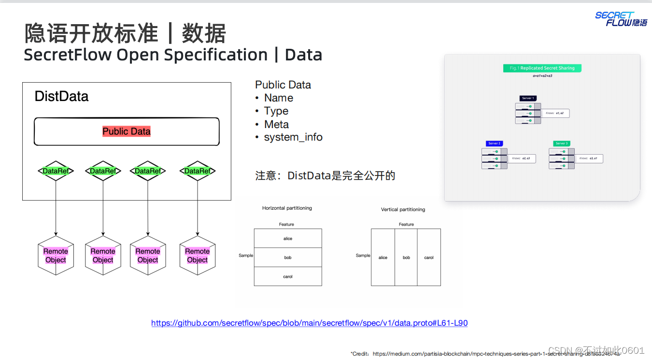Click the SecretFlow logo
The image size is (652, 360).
pyautogui.click(x=621, y=19)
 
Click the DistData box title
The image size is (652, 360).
pyautogui.click(x=61, y=96)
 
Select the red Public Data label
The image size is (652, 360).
pyautogui.click(x=127, y=131)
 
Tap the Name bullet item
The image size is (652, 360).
pyautogui.click(x=278, y=98)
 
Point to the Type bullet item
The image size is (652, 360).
pyautogui.click(x=276, y=111)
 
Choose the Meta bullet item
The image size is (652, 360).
pyautogui.click(x=276, y=124)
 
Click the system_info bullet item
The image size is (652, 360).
pyautogui.click(x=293, y=137)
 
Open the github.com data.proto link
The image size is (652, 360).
pyautogui.click(x=309, y=323)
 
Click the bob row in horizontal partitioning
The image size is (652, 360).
pyautogui.click(x=288, y=258)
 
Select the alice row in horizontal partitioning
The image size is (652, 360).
pyautogui.click(x=288, y=239)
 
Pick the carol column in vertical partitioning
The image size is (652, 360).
pyautogui.click(x=429, y=258)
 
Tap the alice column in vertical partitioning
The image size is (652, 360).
pyautogui.click(x=383, y=258)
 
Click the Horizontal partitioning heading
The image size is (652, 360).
pyautogui.click(x=287, y=208)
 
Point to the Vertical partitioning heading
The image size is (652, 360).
pyautogui.click(x=403, y=210)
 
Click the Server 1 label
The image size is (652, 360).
pyautogui.click(x=527, y=98)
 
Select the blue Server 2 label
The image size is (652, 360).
pyautogui.click(x=494, y=144)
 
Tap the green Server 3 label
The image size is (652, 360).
pyautogui.click(x=562, y=144)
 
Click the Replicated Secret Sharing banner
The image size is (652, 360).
pyautogui.click(x=542, y=68)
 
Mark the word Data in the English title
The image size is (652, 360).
pyautogui.click(x=303, y=55)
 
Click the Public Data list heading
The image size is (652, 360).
pyautogui.click(x=283, y=85)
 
